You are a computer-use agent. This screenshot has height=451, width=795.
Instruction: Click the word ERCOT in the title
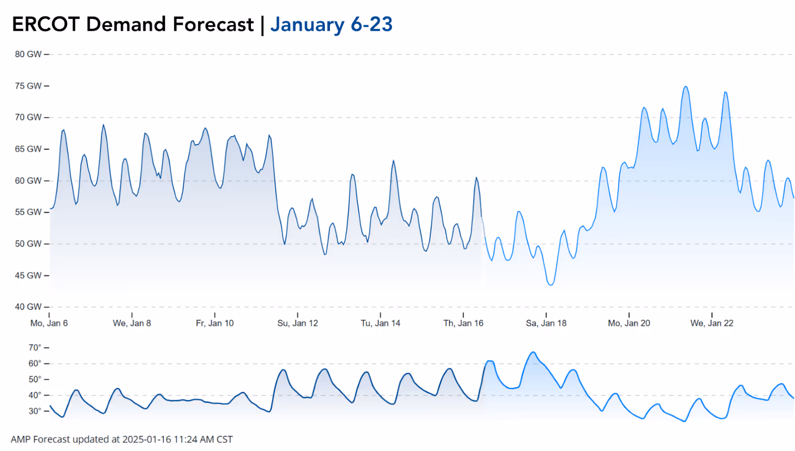tap(46, 24)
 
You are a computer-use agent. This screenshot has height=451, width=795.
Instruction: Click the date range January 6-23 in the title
tap(331, 24)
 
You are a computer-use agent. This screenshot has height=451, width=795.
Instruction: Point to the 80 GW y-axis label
tap(28, 54)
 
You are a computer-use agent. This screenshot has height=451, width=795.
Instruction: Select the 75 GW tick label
tap(28, 86)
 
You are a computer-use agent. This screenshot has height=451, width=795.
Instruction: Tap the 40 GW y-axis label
tap(28, 307)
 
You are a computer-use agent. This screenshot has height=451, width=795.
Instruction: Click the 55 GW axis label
tap(28, 212)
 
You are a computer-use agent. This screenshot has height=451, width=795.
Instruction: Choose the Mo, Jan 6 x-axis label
tap(49, 323)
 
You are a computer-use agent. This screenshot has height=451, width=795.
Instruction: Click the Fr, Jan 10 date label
tap(215, 323)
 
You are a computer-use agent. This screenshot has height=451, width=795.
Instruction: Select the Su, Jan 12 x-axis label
tap(298, 323)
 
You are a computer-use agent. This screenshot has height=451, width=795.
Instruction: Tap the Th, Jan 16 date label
tap(463, 323)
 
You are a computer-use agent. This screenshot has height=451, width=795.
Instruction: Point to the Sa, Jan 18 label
tap(546, 323)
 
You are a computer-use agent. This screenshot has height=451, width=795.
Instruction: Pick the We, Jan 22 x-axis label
tap(712, 323)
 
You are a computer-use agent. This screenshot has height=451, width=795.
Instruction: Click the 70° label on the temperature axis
tap(35, 348)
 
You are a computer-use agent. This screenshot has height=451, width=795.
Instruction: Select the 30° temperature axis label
tap(35, 411)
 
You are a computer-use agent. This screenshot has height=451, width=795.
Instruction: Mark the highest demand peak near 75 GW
tap(686, 87)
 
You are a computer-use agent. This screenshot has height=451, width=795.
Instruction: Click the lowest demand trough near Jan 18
tap(550, 284)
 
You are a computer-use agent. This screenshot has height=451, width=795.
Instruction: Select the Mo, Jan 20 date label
tap(629, 323)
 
